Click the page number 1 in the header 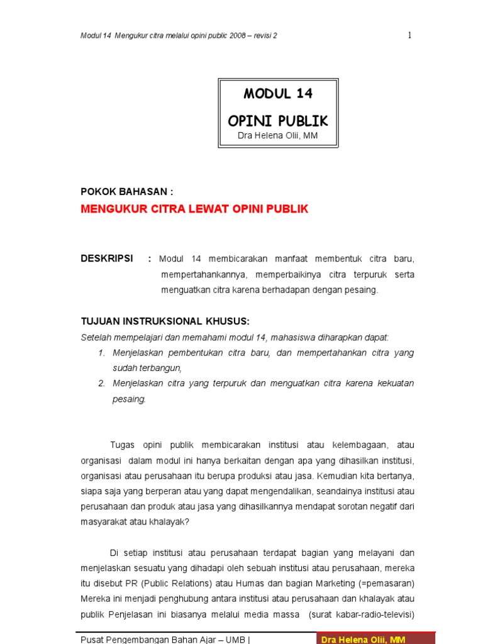(409, 35)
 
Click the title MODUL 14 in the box (278, 94)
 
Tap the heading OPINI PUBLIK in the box (278, 121)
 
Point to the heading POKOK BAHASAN (126, 192)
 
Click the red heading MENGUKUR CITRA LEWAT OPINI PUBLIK (194, 209)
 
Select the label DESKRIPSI (107, 258)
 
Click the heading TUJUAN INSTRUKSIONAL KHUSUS (165, 321)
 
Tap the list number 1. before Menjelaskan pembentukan (102, 353)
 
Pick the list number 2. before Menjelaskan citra (102, 383)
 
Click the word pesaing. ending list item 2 (129, 399)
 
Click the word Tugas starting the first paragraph (122, 445)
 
